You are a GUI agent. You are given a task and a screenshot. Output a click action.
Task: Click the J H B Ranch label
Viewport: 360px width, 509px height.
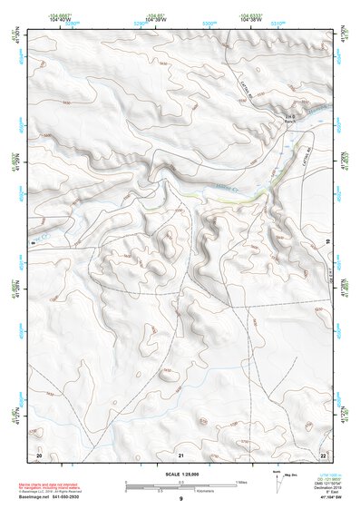[289, 119]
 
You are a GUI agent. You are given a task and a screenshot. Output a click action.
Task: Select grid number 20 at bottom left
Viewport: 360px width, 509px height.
[39, 453]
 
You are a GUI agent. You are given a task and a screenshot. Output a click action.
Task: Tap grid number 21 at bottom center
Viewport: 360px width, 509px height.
[181, 454]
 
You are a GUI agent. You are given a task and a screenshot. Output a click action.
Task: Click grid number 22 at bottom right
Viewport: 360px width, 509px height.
[324, 453]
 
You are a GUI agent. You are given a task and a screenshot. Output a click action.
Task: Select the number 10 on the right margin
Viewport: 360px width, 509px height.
[328, 240]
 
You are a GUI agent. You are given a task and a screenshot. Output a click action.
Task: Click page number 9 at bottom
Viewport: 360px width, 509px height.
[181, 499]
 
